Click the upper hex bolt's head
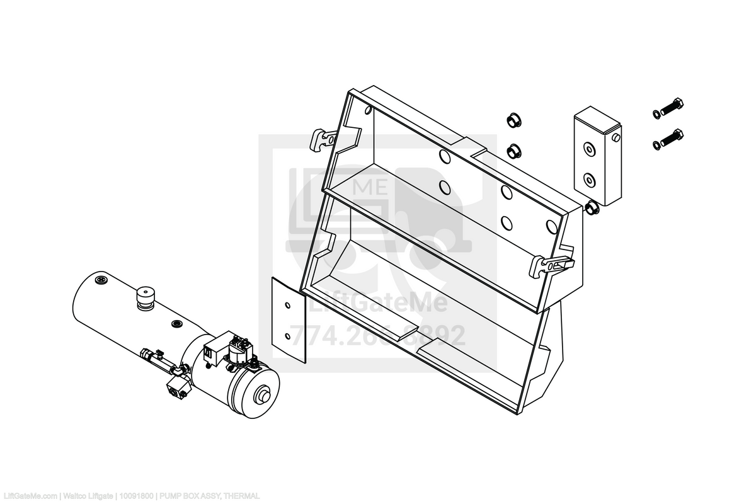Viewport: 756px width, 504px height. tap(678, 104)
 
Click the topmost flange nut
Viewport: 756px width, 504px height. tap(512, 120)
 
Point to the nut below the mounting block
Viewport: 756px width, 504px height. tap(592, 209)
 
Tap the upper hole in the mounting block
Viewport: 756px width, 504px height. tap(588, 150)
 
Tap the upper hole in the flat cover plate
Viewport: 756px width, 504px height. tap(287, 306)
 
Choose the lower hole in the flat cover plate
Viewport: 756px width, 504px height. tap(289, 336)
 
